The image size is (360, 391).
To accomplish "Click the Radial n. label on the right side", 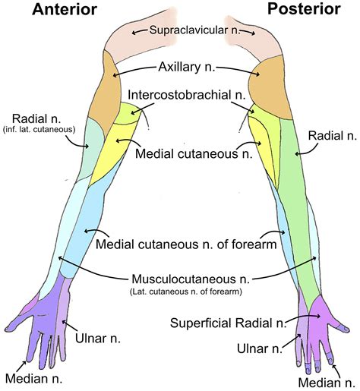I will click(x=330, y=135).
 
